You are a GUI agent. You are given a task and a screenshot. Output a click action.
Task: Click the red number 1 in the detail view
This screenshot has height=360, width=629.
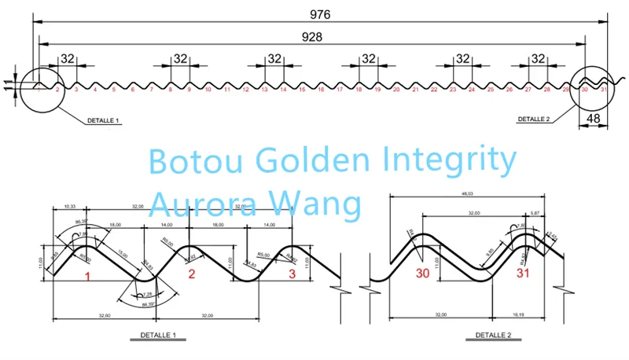point(88,276)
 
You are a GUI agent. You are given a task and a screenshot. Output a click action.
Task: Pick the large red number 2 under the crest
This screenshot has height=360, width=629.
point(191,274)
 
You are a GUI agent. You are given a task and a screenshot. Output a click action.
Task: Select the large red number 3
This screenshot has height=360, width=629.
point(292,274)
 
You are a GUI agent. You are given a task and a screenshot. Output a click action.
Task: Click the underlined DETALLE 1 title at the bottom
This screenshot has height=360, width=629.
point(153,336)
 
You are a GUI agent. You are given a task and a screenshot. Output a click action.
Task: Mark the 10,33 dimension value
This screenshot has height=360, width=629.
point(68,207)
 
